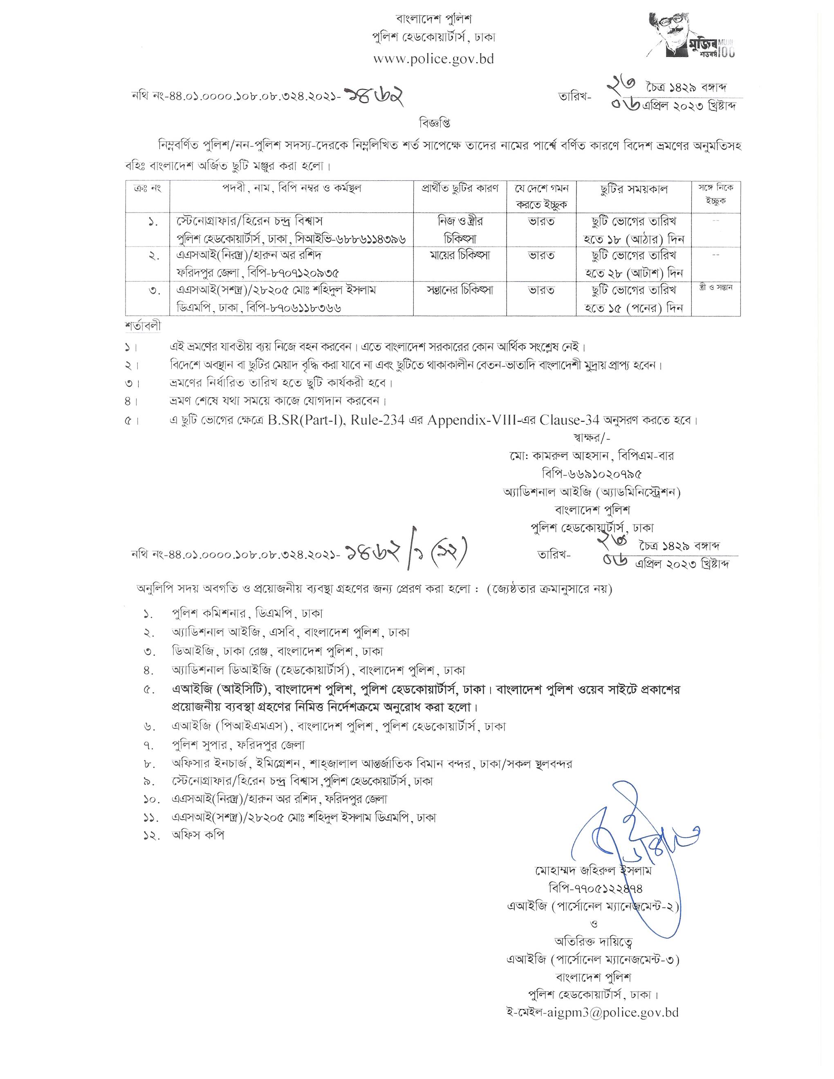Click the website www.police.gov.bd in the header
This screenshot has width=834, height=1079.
[x=433, y=59]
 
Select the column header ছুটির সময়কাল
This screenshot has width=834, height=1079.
[x=634, y=189]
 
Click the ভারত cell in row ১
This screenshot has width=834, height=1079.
[x=541, y=222]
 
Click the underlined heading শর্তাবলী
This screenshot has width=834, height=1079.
[x=143, y=327]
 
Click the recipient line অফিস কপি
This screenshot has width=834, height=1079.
[x=197, y=835]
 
